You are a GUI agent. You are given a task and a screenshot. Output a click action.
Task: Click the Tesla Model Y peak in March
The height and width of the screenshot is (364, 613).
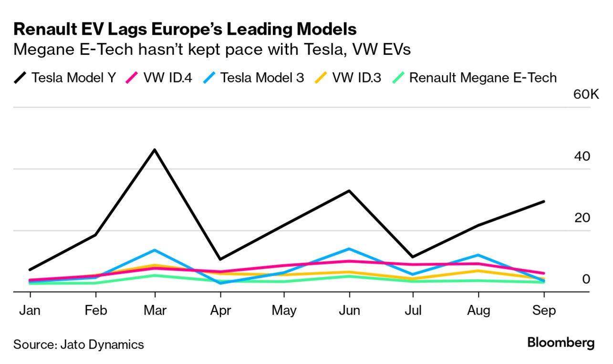pyautogui.click(x=155, y=150)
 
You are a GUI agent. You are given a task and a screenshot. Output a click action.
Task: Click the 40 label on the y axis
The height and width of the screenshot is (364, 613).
pyautogui.click(x=582, y=156)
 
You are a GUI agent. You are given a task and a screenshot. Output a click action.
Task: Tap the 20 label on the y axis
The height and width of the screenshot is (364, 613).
pyautogui.click(x=582, y=218)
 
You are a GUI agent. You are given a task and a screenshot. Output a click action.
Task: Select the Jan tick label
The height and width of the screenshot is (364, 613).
pyautogui.click(x=30, y=311)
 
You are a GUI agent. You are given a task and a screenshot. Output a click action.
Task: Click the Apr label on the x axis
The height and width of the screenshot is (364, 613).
pyautogui.click(x=220, y=311)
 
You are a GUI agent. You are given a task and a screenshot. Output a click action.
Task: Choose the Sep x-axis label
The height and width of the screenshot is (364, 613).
pyautogui.click(x=544, y=311)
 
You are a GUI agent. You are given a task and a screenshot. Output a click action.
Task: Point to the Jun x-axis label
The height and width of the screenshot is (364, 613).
pyautogui.click(x=349, y=311)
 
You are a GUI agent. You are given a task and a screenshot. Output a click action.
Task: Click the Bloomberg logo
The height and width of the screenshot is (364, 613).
pyautogui.click(x=561, y=343)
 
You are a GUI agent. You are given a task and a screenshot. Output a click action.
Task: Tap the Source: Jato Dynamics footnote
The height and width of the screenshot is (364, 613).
pyautogui.click(x=79, y=344)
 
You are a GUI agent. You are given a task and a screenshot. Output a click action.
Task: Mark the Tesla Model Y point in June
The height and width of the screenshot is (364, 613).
pyautogui.click(x=350, y=191)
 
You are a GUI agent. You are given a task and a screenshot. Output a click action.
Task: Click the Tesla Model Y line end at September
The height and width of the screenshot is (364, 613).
pyautogui.click(x=544, y=202)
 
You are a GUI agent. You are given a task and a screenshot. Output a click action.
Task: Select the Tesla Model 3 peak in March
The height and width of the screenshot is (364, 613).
pyautogui.click(x=155, y=250)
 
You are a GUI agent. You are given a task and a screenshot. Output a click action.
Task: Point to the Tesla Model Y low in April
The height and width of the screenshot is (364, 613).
pyautogui.click(x=220, y=259)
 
